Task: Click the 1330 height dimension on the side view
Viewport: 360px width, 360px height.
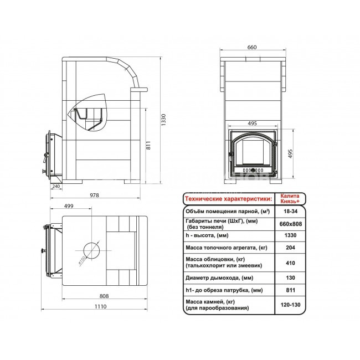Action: pos(163,120)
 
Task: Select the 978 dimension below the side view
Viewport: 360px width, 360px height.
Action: pos(94,195)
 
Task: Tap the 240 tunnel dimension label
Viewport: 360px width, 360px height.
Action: pos(56,186)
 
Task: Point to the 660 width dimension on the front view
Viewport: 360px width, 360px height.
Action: pos(252,47)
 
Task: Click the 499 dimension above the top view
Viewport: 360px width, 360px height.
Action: pos(69,206)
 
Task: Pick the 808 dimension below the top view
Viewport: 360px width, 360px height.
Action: pos(104,296)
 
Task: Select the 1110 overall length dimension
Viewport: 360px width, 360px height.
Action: pos(101,306)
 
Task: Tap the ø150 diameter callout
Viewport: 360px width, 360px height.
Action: pos(82,261)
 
